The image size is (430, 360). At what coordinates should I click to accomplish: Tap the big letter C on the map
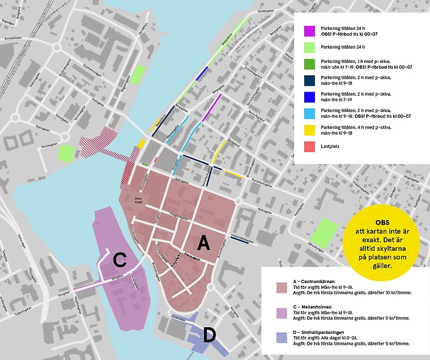[120, 260]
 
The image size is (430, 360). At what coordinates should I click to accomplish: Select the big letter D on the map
[209, 335]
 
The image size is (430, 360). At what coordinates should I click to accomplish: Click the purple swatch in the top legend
[309, 31]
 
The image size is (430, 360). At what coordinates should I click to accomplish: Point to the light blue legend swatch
[309, 112]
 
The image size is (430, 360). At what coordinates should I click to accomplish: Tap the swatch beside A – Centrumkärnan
[282, 288]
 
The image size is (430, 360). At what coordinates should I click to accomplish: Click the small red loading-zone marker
[155, 160]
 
